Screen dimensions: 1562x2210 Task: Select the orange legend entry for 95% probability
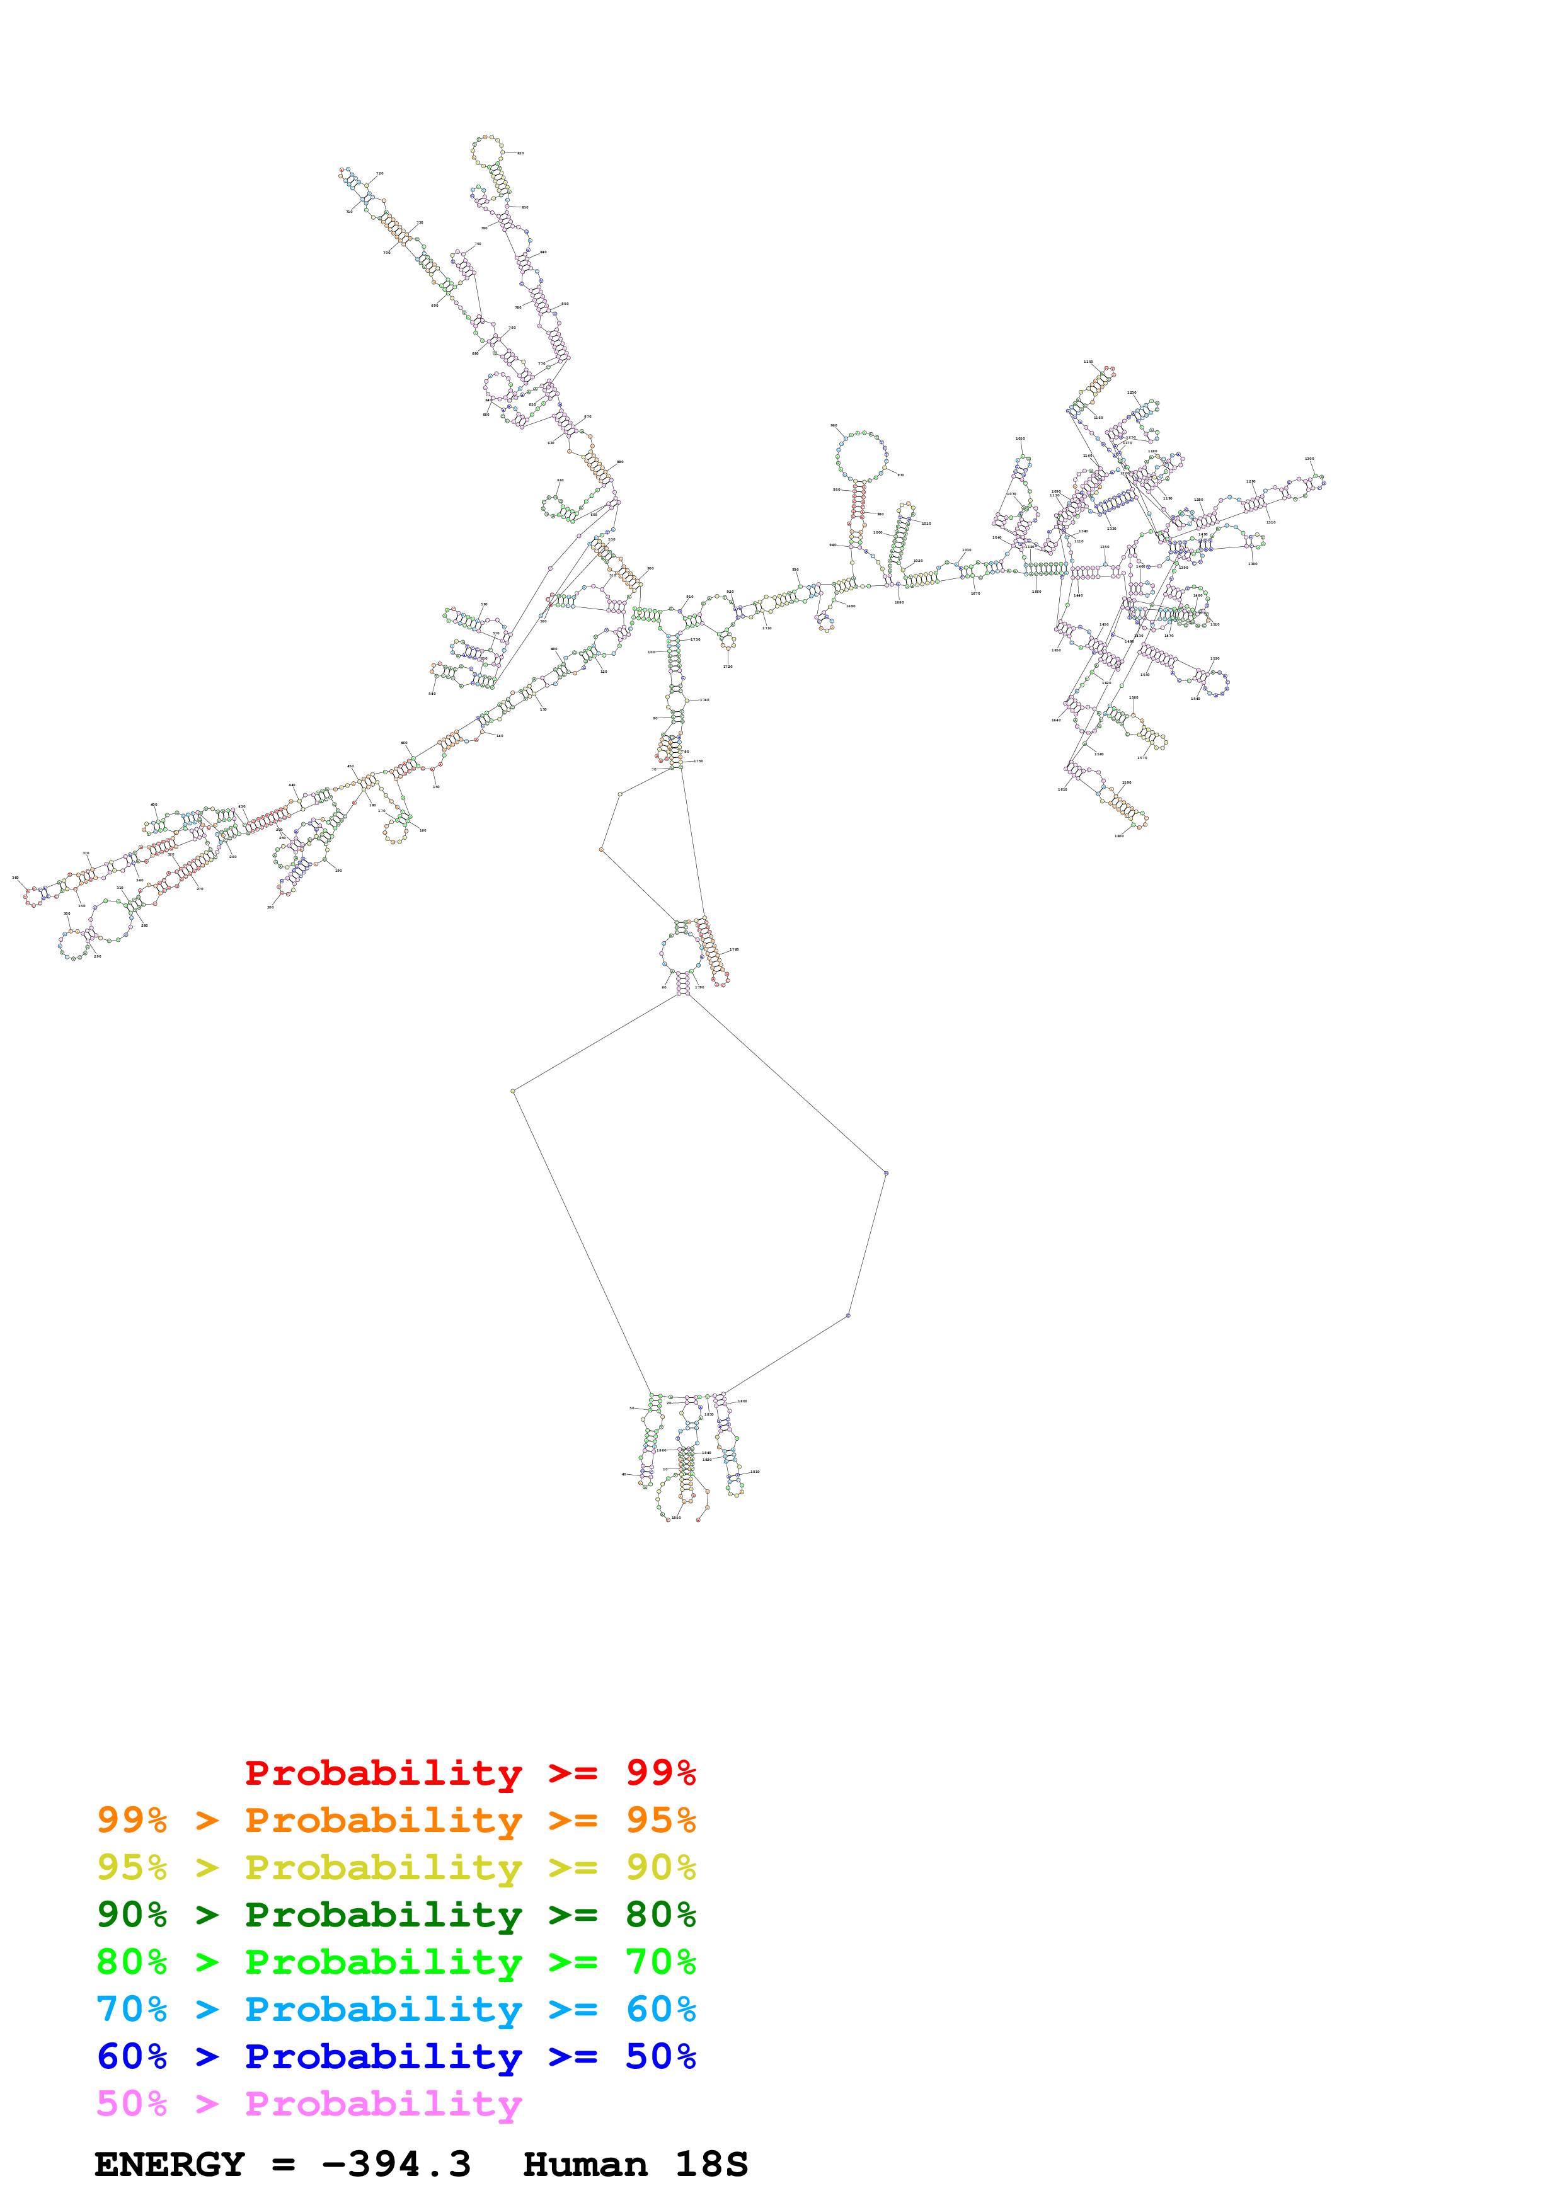396,1820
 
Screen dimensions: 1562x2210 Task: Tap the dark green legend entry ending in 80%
396,1915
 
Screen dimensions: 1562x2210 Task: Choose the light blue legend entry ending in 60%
396,2009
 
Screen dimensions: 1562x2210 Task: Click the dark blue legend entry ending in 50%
396,2056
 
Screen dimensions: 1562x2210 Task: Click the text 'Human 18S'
635,2165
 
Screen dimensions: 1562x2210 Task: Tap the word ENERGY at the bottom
169,2165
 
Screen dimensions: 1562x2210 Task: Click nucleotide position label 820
520,153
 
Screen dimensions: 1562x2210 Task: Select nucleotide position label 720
380,175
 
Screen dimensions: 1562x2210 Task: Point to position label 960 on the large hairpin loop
834,425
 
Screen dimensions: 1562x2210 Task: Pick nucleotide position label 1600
1119,835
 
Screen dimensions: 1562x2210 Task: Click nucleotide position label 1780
734,950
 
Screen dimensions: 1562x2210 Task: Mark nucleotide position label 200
270,907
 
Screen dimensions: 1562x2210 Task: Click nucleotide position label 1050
1020,439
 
